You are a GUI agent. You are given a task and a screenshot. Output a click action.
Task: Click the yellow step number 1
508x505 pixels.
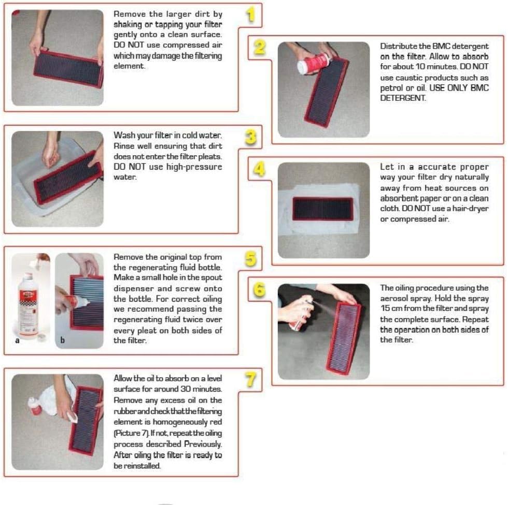point(250,15)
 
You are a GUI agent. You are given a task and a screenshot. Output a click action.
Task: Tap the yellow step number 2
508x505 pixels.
point(260,48)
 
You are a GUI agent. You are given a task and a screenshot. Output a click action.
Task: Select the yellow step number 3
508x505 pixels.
point(251,137)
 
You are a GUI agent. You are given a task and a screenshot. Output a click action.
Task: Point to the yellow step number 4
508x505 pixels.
point(259,169)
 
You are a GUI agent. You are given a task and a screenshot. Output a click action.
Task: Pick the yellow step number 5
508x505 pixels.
point(251,259)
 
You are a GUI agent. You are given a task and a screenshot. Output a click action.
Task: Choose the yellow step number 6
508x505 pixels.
point(259,290)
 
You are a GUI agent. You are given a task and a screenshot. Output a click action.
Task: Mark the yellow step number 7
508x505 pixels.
point(250,380)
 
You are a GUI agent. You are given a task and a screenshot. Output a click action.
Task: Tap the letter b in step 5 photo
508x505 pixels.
point(62,340)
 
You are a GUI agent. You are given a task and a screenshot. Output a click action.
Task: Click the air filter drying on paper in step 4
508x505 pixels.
point(322,209)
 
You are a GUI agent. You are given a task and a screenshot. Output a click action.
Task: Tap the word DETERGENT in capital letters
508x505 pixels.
point(403,98)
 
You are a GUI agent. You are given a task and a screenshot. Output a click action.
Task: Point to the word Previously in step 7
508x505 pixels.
point(203,444)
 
